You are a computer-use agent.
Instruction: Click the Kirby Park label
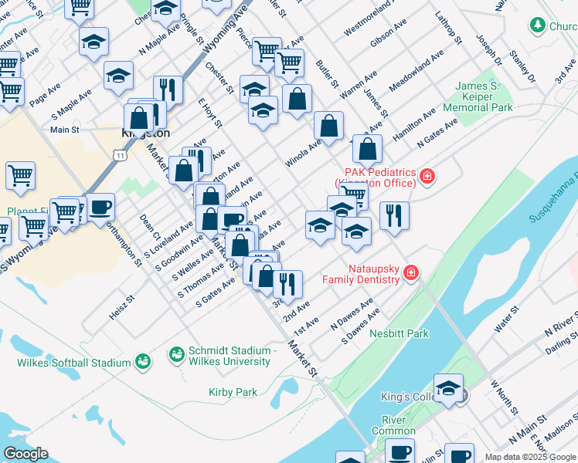(233, 392)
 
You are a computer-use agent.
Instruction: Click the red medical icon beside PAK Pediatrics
(427, 178)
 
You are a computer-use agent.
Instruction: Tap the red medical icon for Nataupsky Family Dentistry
(412, 273)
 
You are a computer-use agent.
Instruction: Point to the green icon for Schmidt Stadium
(176, 355)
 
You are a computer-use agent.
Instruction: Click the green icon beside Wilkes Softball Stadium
(141, 361)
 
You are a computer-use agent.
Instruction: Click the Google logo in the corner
(25, 453)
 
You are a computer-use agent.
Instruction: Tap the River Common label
(393, 425)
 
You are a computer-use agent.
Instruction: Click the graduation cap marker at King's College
(447, 390)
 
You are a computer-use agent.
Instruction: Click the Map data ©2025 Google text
(530, 457)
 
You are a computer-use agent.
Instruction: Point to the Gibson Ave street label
(388, 36)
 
